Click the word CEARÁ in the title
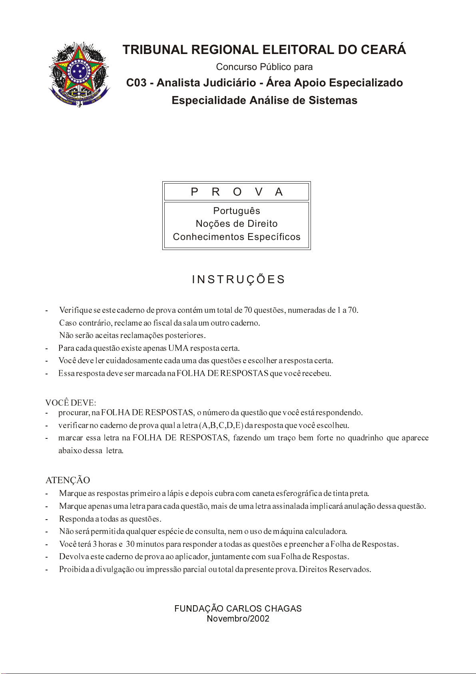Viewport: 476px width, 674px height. [384, 50]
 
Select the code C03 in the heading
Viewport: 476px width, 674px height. [136, 83]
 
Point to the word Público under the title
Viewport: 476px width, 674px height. [276, 67]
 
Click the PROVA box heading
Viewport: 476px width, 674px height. [237, 192]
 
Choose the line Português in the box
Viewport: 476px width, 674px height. [237, 211]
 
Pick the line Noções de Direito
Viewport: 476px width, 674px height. [237, 224]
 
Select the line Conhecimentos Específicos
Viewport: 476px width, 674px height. [237, 237]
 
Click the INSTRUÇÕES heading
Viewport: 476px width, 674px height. [239, 279]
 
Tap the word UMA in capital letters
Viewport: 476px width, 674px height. [178, 348]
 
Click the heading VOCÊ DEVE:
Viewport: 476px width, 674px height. [71, 402]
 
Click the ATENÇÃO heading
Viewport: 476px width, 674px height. [68, 480]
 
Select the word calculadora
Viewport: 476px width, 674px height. [326, 532]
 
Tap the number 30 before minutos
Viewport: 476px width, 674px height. [130, 544]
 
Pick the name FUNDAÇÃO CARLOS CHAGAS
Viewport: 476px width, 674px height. [238, 609]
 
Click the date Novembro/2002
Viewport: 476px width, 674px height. [238, 619]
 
